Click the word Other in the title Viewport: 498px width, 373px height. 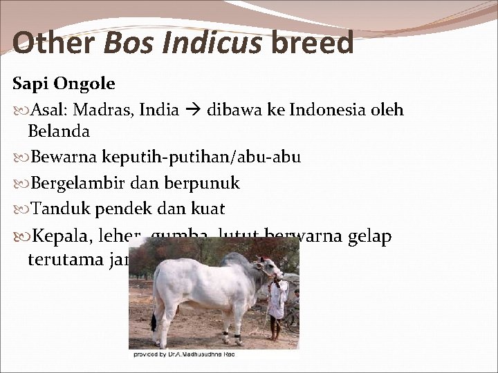pyautogui.click(x=53, y=44)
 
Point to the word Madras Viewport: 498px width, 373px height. pyautogui.click(x=101, y=109)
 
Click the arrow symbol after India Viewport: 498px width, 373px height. pyautogui.click(x=194, y=109)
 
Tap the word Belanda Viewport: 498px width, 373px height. pyautogui.click(x=59, y=131)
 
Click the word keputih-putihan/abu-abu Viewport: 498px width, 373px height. pyautogui.click(x=201, y=157)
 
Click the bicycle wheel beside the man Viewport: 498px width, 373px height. pyautogui.click(x=293, y=318)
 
